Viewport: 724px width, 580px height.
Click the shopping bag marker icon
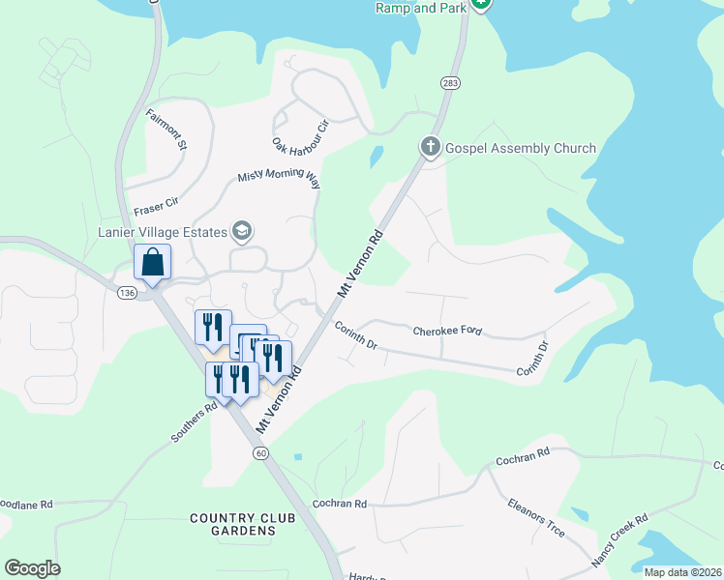[x=153, y=262]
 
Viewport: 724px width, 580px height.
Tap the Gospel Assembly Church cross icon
[x=431, y=148]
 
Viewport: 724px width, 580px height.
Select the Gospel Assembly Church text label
[x=520, y=149]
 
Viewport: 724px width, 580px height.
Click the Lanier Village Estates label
[x=163, y=231]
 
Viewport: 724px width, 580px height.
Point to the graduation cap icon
[x=242, y=231]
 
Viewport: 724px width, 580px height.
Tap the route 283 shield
[x=450, y=84]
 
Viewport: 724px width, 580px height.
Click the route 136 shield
[x=126, y=293]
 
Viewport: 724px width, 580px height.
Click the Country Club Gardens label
[x=232, y=525]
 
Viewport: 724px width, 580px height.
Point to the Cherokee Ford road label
[x=447, y=331]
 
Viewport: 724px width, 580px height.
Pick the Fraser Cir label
[x=157, y=203]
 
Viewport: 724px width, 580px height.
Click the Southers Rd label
[x=194, y=422]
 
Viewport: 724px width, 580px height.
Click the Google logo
[x=32, y=568]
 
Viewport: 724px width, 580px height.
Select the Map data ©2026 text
[x=682, y=572]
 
